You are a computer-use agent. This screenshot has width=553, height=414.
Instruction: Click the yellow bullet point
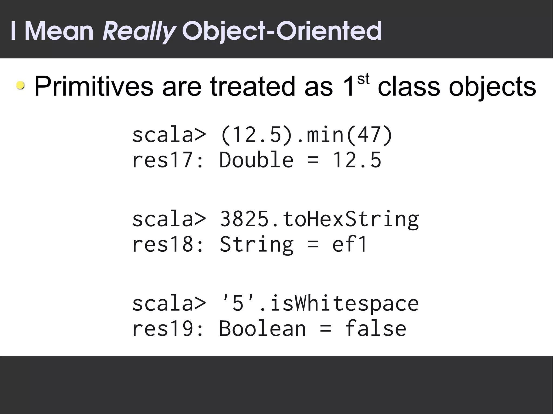pyautogui.click(x=20, y=86)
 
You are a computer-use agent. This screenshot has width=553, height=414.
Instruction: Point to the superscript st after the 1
pyautogui.click(x=363, y=80)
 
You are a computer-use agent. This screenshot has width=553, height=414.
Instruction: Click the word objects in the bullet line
pyautogui.click(x=492, y=87)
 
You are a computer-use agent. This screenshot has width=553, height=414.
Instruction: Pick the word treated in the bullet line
pyautogui.click(x=253, y=87)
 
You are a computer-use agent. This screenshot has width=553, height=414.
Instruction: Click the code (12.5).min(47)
pyautogui.click(x=306, y=135)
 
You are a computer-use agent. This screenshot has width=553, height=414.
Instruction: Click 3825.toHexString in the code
pyautogui.click(x=319, y=219)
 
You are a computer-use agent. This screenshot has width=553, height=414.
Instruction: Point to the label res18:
pyautogui.click(x=167, y=244)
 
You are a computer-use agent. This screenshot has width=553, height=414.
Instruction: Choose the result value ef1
pyautogui.click(x=349, y=244)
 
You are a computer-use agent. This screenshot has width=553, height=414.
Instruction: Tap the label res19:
pyautogui.click(x=167, y=329)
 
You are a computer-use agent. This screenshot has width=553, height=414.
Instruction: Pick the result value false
pyautogui.click(x=375, y=329)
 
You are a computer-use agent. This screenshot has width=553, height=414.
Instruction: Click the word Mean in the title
pyautogui.click(x=59, y=32)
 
